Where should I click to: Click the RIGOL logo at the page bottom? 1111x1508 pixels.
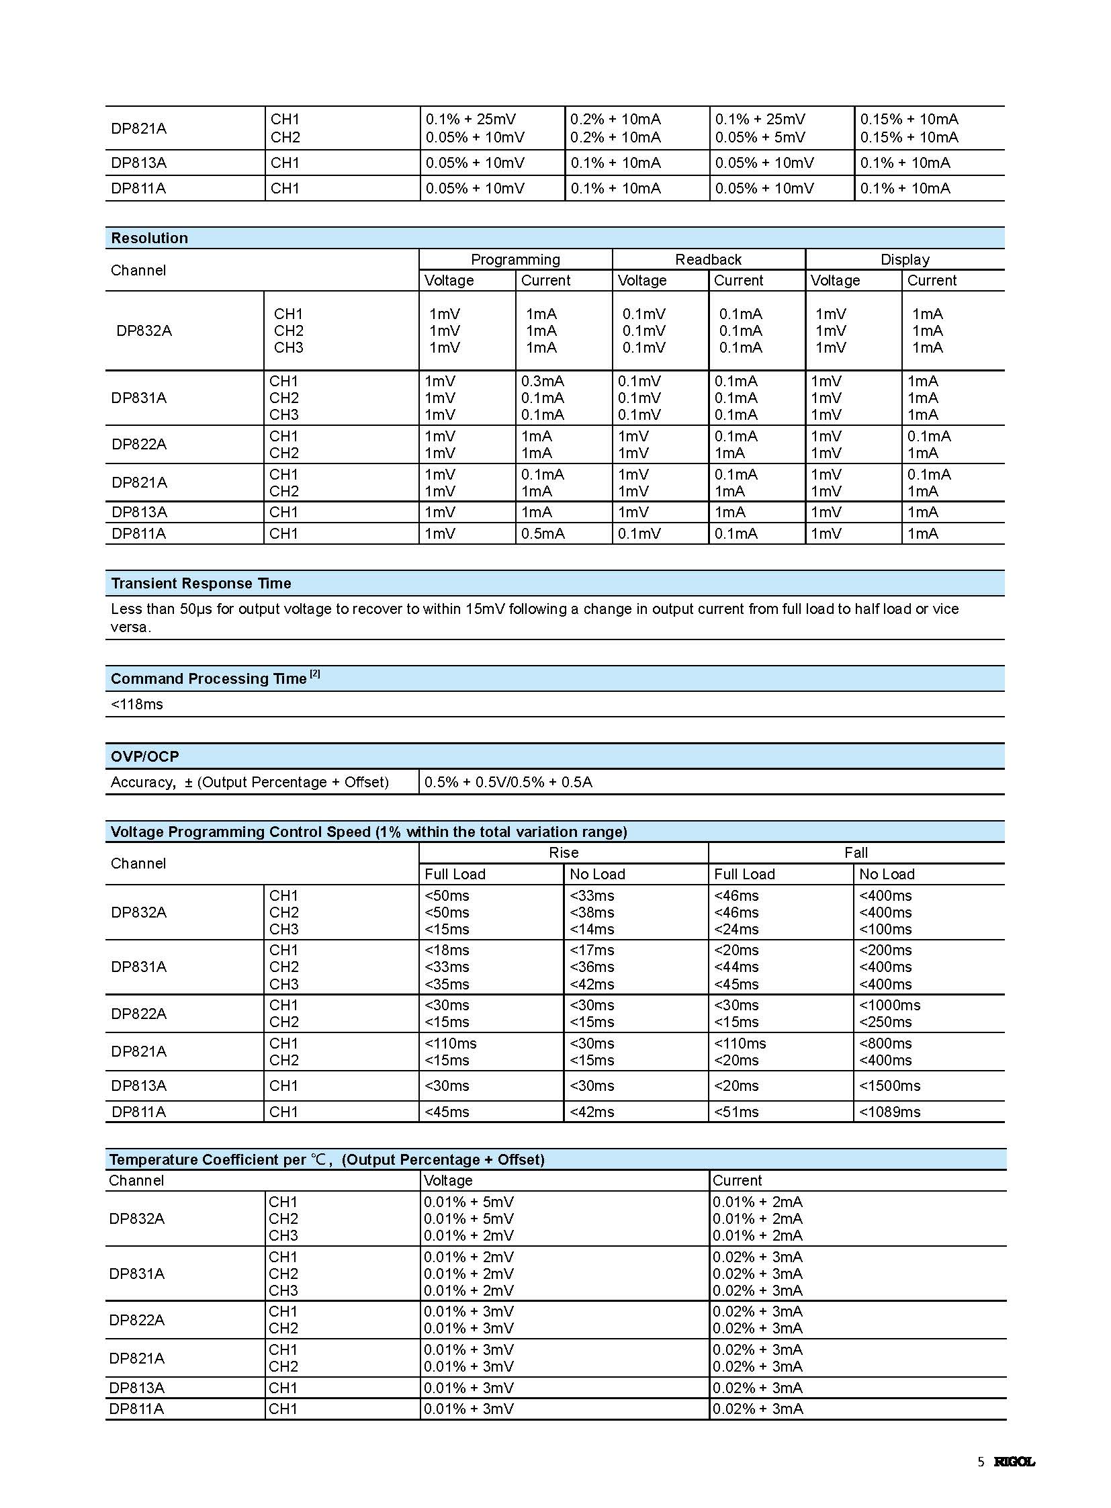click(x=1014, y=1462)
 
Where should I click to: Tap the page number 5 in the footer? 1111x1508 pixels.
click(x=981, y=1462)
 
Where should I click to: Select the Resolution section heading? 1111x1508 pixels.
click(x=149, y=238)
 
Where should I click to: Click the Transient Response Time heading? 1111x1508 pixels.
click(x=201, y=583)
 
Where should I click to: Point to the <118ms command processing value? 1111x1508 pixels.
click(x=137, y=704)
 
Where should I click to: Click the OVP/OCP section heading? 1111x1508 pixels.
click(x=144, y=756)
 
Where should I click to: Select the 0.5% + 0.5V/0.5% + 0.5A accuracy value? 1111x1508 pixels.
click(x=508, y=783)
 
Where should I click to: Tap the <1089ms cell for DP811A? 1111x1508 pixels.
click(x=890, y=1112)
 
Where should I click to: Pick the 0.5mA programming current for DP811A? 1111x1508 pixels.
click(x=543, y=533)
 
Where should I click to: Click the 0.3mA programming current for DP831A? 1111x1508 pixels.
click(x=543, y=381)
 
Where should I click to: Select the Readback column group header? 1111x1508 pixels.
click(x=708, y=260)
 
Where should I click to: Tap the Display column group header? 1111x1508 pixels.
click(x=905, y=260)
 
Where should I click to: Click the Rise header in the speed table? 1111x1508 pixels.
click(x=564, y=853)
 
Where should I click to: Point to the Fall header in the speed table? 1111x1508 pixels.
click(x=856, y=853)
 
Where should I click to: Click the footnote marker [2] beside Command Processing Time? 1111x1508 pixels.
click(x=315, y=674)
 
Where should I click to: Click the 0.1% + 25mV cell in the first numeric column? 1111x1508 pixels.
click(x=471, y=119)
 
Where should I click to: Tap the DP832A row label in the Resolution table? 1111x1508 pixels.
click(x=144, y=331)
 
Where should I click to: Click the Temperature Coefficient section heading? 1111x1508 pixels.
click(x=327, y=1159)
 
